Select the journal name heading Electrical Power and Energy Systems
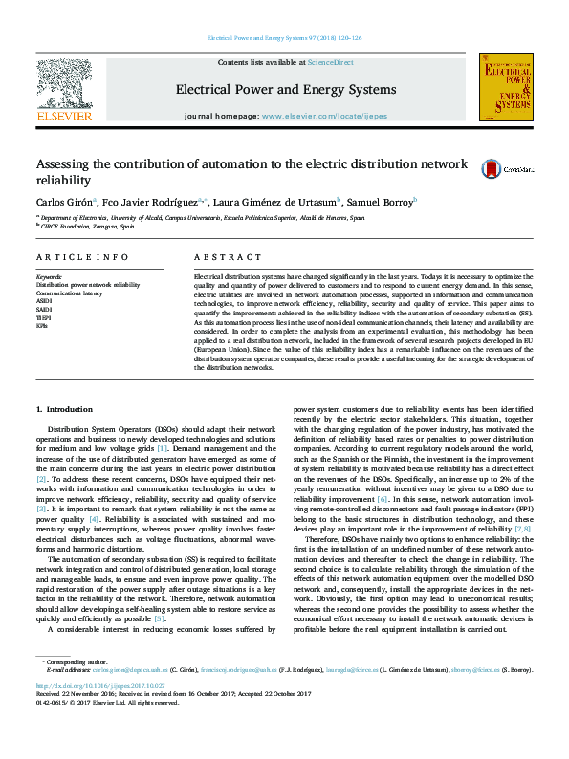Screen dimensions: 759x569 (284, 90)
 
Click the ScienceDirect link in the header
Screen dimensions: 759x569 (330, 62)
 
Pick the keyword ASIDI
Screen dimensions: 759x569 (45, 301)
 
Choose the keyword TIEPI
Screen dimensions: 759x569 (44, 316)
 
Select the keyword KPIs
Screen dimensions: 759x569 (42, 324)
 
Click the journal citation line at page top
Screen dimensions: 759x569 (284, 39)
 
